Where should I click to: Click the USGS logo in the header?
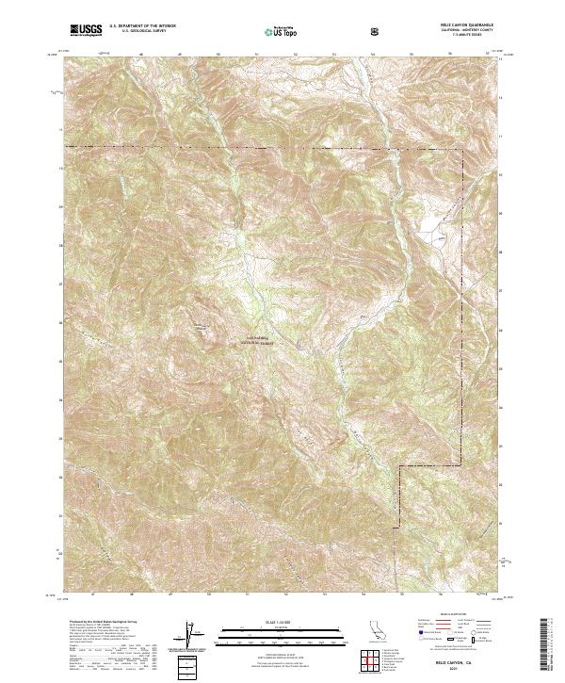click(86, 30)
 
